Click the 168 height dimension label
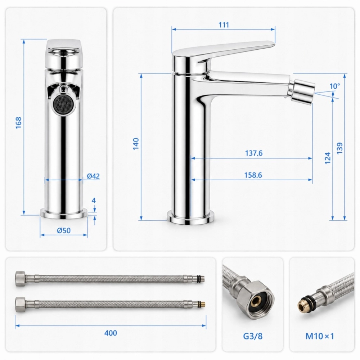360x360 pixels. coord(19,123)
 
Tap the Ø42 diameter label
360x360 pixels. coord(94,176)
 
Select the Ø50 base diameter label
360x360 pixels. coord(64,230)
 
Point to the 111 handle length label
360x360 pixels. coord(224,25)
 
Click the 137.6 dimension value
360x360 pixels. coord(254,153)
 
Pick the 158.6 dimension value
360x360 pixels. coord(253,175)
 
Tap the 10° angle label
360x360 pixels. coord(335,86)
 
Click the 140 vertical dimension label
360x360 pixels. coord(136,144)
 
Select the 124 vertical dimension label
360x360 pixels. coord(328,158)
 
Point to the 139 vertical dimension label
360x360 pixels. coord(340,148)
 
